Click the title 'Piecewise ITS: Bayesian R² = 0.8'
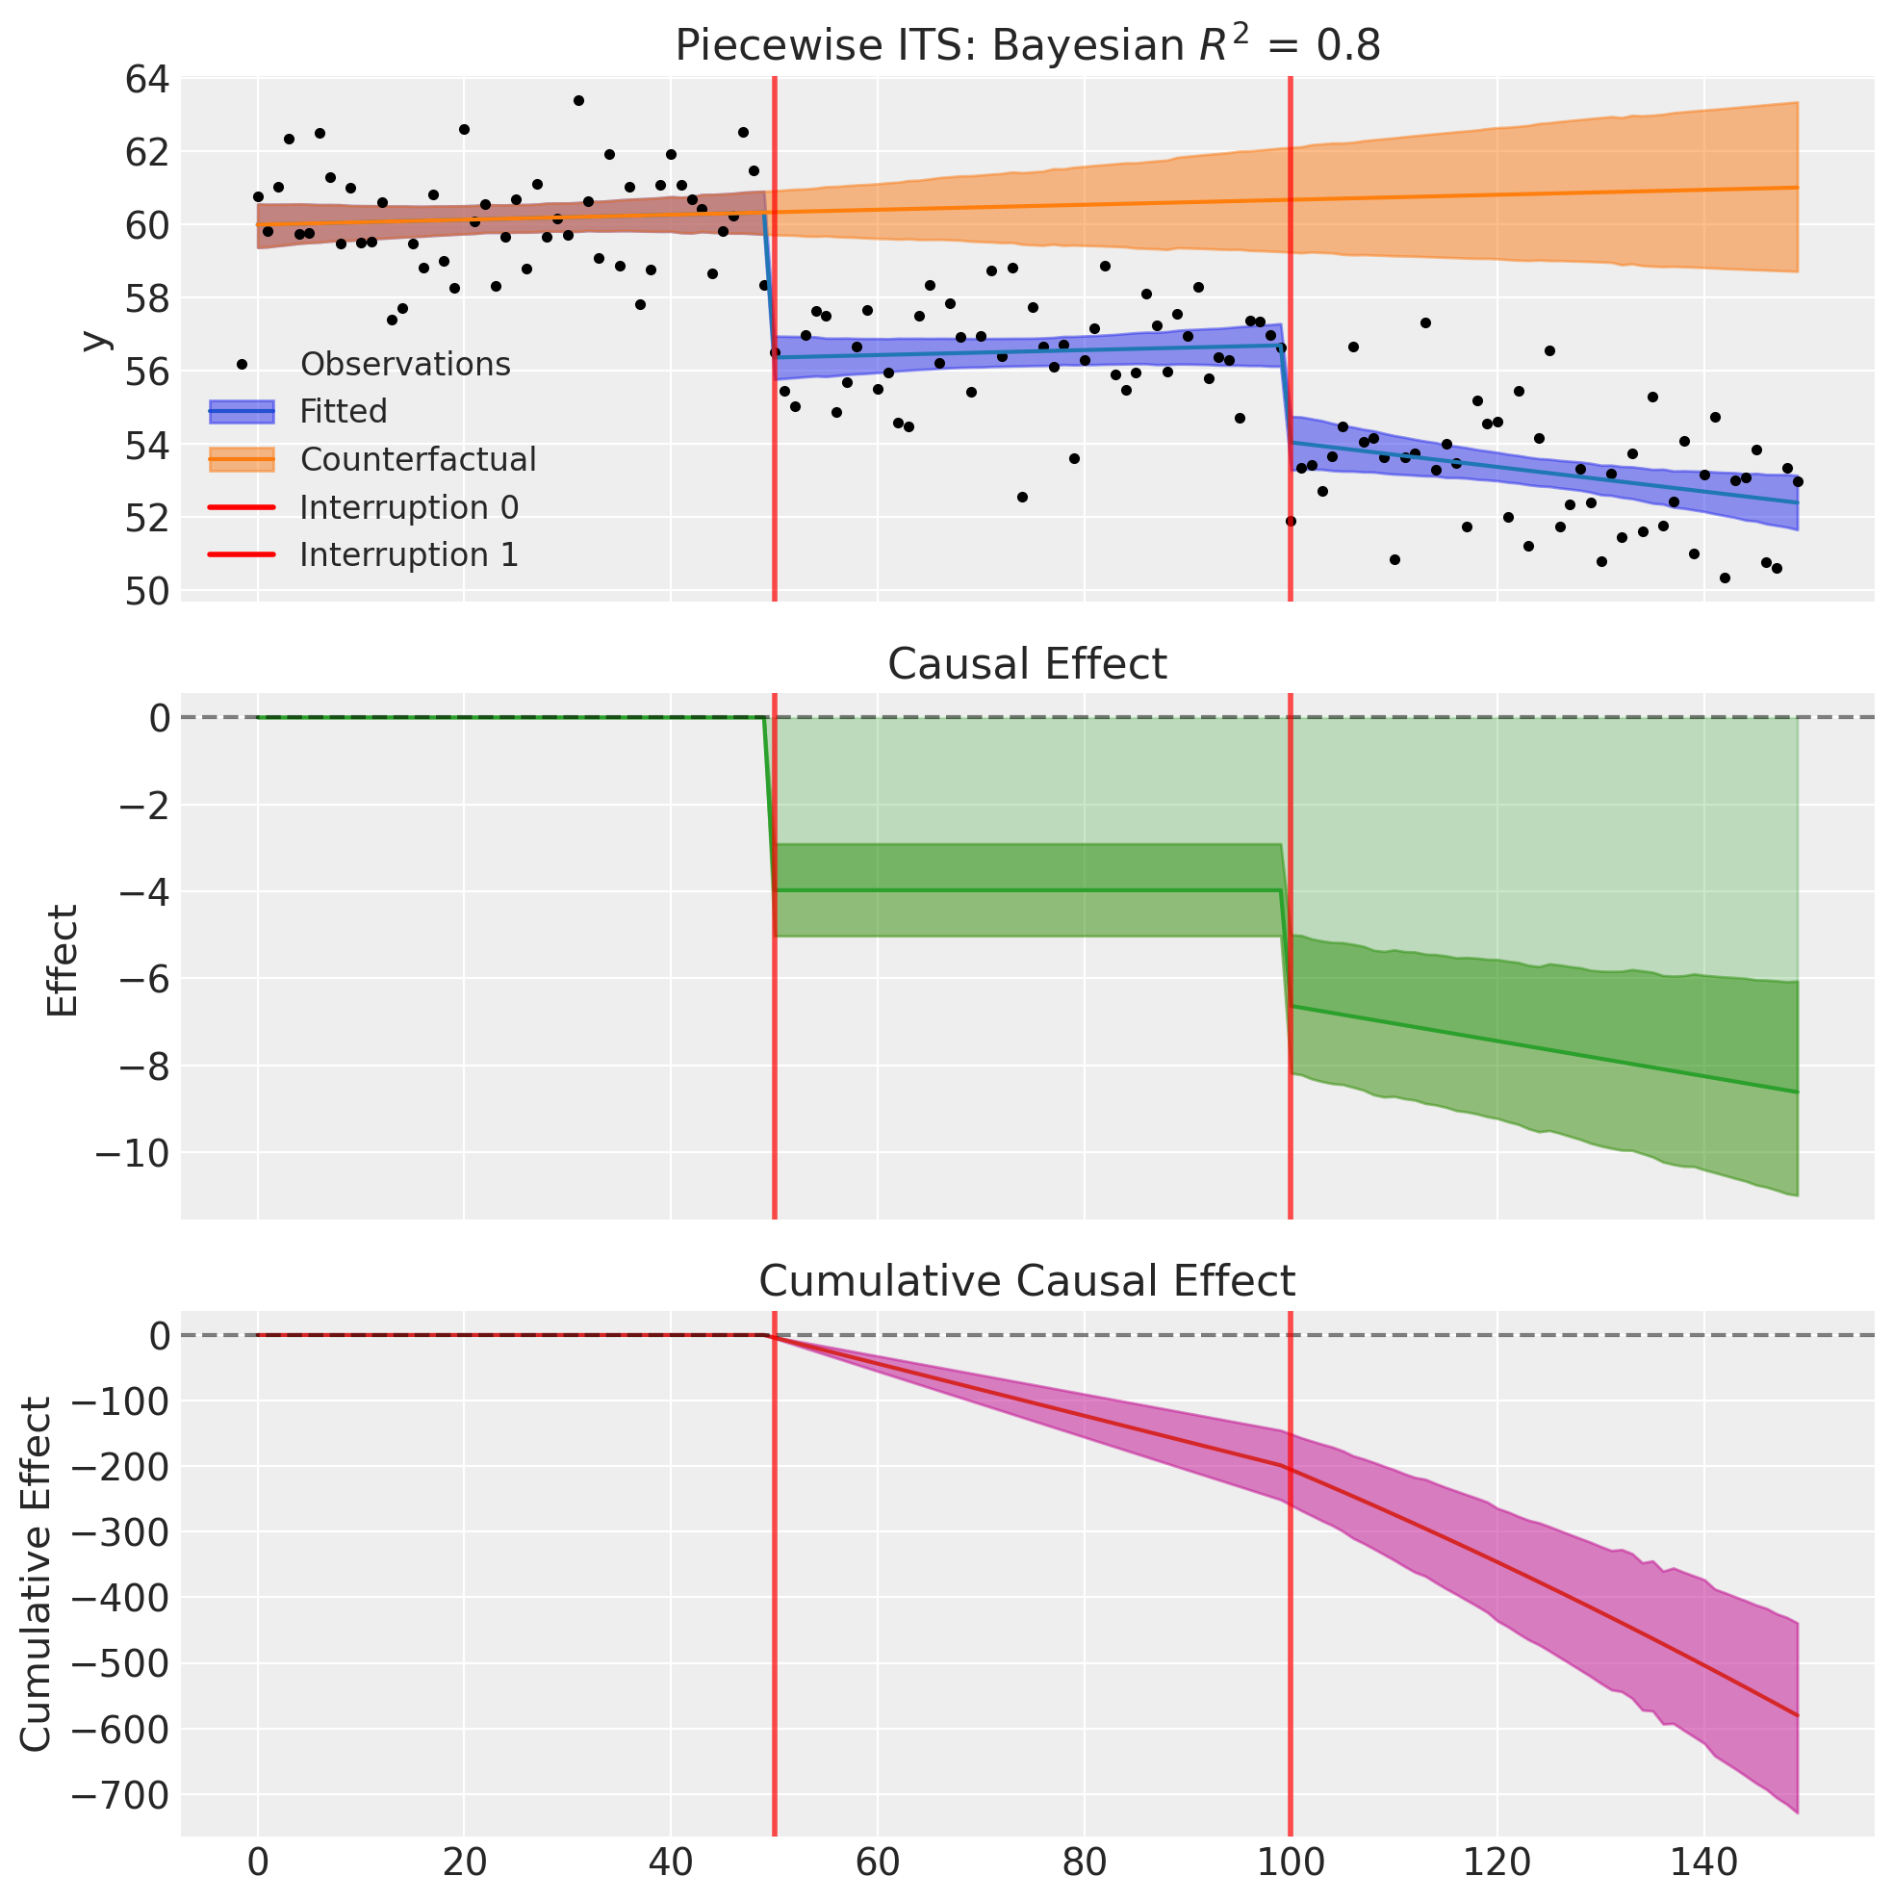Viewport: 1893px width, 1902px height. (1027, 45)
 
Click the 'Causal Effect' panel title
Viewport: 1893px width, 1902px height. (1027, 664)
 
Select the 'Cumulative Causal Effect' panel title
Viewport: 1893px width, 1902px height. (1027, 1282)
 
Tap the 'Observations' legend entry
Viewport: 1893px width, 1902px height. (404, 364)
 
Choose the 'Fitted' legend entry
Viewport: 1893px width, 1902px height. (343, 412)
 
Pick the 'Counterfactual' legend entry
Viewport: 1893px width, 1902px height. (418, 459)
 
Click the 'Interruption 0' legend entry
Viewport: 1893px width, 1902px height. (408, 507)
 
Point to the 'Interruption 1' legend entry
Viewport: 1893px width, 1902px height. (408, 554)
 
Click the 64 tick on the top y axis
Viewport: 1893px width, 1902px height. (146, 80)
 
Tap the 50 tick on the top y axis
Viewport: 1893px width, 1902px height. (146, 591)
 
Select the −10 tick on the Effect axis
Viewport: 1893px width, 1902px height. (132, 1153)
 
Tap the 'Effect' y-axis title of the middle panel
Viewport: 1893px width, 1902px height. (63, 961)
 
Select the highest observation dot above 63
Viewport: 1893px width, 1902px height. (578, 100)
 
